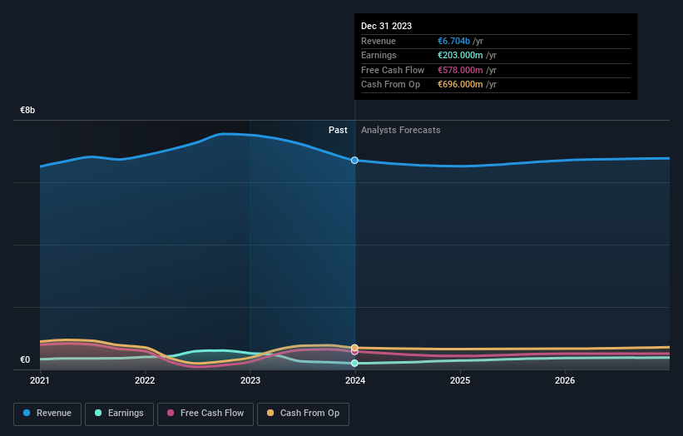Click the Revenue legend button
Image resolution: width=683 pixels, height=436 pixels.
pyautogui.click(x=47, y=413)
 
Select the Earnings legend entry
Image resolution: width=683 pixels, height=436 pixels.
pyautogui.click(x=119, y=413)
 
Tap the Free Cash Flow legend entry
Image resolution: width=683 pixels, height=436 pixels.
pyautogui.click(x=205, y=413)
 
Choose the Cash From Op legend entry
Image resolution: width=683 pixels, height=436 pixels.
pyautogui.click(x=304, y=413)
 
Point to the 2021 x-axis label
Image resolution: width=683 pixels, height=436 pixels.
pyautogui.click(x=40, y=381)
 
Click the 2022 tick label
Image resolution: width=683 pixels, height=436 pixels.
pyautogui.click(x=145, y=381)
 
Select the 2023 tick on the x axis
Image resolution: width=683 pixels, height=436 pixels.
pyautogui.click(x=250, y=381)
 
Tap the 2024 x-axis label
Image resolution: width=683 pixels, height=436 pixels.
pyautogui.click(x=355, y=381)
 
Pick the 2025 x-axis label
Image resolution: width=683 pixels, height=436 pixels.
pyautogui.click(x=460, y=381)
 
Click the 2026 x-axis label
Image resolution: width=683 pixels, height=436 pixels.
pyautogui.click(x=565, y=381)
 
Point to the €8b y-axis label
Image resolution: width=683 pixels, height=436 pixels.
pyautogui.click(x=28, y=110)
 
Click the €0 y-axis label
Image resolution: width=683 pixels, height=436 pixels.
pyautogui.click(x=27, y=360)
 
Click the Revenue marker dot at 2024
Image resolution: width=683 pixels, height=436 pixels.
pyautogui.click(x=355, y=160)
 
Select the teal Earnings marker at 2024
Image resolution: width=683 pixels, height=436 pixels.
pyautogui.click(x=355, y=364)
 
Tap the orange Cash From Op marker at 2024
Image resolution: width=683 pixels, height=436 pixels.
pyautogui.click(x=355, y=347)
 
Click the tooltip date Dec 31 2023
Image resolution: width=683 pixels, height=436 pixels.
pyautogui.click(x=386, y=26)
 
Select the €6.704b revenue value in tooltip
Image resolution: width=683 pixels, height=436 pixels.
pyautogui.click(x=460, y=41)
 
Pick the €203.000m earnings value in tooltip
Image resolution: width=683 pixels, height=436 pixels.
pyautogui.click(x=467, y=56)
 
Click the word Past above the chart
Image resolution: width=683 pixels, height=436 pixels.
pyautogui.click(x=338, y=130)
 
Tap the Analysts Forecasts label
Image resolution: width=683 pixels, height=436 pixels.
pyautogui.click(x=401, y=130)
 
